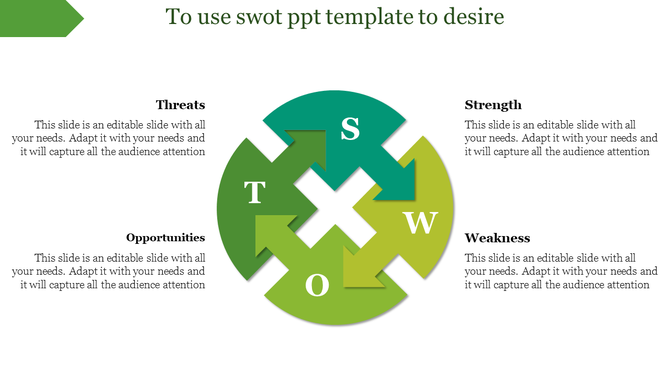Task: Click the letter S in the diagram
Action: click(349, 129)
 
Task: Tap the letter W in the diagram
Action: click(421, 222)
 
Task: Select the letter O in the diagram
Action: click(317, 286)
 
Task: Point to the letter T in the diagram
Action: click(255, 193)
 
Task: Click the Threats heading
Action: click(180, 105)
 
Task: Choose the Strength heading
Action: click(493, 105)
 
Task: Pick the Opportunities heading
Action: click(166, 238)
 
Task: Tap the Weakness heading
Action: click(497, 238)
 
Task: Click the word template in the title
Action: click(369, 18)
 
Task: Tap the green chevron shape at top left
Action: click(40, 18)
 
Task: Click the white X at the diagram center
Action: click(335, 208)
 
